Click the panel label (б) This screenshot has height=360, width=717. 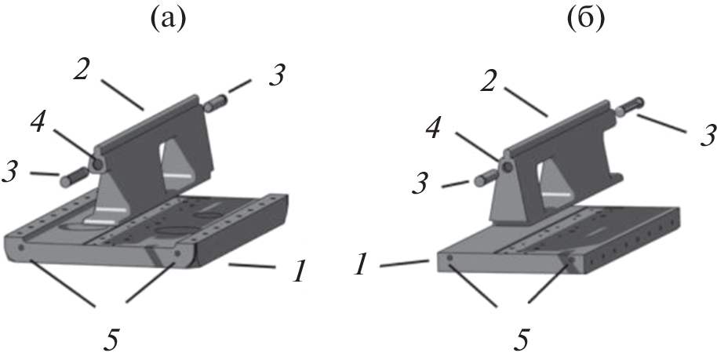point(586,18)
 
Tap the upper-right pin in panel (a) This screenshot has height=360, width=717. point(215,103)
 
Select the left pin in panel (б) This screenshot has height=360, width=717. point(486,176)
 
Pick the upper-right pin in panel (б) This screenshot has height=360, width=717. point(630,106)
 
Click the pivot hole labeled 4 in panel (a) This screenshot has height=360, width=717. point(97,163)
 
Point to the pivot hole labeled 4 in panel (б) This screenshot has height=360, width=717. point(507,167)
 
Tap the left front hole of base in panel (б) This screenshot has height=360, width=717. point(450,259)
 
